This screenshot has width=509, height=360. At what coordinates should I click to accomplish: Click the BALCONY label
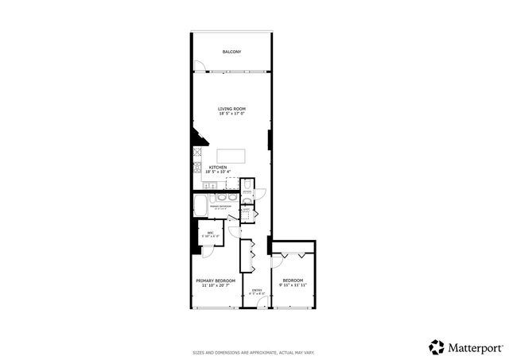[x=231, y=52]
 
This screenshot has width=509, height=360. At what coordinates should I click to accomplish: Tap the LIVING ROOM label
[x=231, y=108]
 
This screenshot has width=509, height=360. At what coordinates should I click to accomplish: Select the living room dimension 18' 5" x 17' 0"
[x=231, y=114]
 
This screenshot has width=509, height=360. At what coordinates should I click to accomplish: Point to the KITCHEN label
[x=218, y=167]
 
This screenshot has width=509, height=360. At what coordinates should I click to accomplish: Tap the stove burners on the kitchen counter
[x=196, y=167]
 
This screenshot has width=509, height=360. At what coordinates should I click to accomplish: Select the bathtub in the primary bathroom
[x=201, y=204]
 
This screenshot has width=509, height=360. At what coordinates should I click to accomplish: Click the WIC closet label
[x=211, y=232]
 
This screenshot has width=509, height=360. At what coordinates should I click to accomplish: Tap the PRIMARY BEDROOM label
[x=215, y=280]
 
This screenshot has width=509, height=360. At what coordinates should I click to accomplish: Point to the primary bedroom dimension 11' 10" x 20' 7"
[x=215, y=285]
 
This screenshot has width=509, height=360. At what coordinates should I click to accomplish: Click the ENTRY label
[x=257, y=290]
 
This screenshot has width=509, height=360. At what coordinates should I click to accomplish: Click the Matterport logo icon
[x=437, y=346]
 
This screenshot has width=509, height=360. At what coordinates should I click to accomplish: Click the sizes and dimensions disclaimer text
[x=254, y=352]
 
